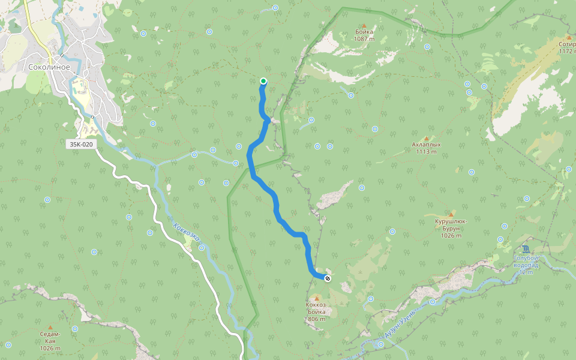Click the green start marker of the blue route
[263, 81]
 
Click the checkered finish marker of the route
[327, 278]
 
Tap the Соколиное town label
[49, 67]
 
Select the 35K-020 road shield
[81, 145]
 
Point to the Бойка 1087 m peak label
[364, 35]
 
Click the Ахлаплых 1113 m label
[426, 148]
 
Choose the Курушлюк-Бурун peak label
[451, 224]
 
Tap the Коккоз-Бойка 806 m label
[316, 311]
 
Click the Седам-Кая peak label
[50, 341]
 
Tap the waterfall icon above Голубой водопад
[526, 248]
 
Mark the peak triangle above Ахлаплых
[426, 138]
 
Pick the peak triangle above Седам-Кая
[50, 327]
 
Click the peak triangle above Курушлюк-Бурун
[451, 214]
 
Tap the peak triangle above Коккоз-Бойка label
[316, 298]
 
